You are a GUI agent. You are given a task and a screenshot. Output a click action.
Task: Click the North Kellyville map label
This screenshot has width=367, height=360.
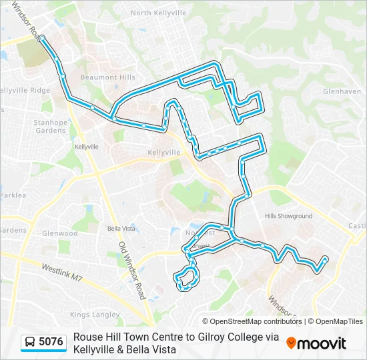click(x=159, y=13)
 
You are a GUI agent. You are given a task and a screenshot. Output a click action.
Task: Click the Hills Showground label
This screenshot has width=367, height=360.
click(x=288, y=216)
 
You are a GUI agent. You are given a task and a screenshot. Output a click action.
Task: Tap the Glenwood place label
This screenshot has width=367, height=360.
click(x=60, y=233)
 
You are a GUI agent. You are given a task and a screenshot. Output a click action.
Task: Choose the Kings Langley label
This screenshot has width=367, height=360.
click(x=98, y=314)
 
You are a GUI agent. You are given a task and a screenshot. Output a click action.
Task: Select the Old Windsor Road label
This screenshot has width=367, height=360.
click(x=132, y=269)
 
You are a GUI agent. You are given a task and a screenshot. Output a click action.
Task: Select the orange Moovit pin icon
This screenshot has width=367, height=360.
click(x=291, y=343)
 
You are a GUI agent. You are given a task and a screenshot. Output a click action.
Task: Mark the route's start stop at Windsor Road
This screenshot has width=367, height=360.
click(x=42, y=38)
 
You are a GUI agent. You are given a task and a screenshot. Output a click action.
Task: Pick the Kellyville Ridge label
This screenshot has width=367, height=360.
click(x=24, y=90)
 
